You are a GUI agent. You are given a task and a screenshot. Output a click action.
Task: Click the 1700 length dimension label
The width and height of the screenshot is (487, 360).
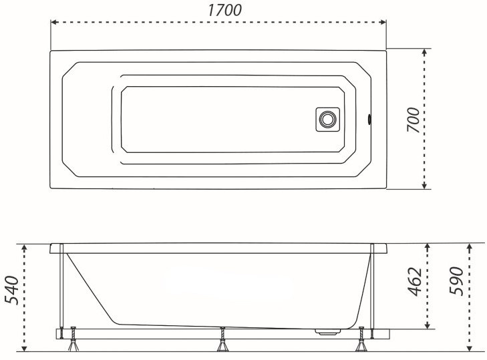[224, 10]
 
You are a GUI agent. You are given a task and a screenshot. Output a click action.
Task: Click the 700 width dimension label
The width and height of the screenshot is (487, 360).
[414, 120]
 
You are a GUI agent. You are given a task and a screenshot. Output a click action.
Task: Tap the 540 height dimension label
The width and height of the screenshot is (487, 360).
[12, 290]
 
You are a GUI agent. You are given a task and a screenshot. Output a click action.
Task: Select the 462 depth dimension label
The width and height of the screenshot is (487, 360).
[415, 281]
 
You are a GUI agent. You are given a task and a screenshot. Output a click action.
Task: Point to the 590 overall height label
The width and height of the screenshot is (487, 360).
[456, 281]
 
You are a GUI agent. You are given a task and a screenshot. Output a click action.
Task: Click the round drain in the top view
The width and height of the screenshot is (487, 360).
[327, 119]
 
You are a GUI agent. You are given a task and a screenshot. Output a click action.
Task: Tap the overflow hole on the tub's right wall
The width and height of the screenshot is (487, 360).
[369, 120]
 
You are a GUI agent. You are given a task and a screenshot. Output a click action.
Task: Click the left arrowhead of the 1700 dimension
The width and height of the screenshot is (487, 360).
[53, 22]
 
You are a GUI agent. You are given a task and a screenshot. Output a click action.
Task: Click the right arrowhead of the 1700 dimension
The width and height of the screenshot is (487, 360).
[383, 22]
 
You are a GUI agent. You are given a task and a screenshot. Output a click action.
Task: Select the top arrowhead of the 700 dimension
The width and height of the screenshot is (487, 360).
[425, 52]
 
